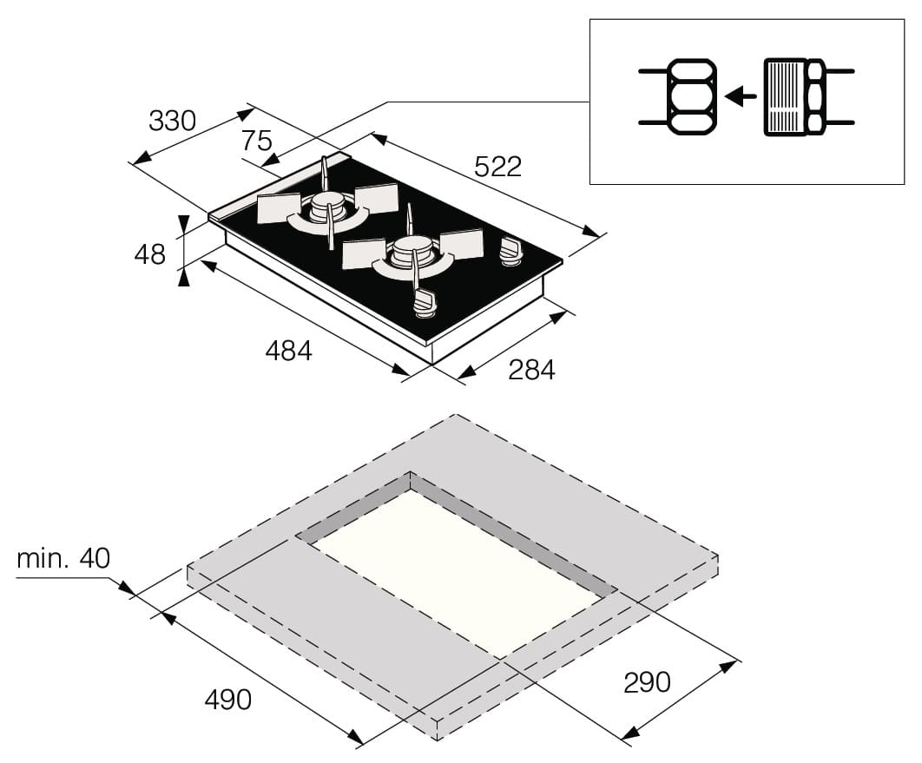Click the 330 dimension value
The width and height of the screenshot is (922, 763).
tap(172, 122)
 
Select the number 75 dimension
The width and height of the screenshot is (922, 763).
tap(257, 141)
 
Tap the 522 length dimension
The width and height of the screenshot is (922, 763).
tap(498, 167)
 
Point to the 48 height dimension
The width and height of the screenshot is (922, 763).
tap(150, 254)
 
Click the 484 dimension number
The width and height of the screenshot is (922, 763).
tap(289, 351)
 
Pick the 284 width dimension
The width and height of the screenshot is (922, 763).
tap(531, 370)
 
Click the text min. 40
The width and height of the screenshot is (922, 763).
tap(63, 558)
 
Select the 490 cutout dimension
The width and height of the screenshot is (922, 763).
tap(228, 700)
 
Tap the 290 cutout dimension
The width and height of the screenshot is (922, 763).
tap(647, 682)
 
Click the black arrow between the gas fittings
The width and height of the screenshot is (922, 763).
tap(741, 95)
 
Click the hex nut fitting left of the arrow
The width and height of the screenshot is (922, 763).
tap(692, 96)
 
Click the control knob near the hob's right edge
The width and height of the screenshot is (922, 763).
tap(511, 251)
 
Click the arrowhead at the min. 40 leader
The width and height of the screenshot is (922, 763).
tap(126, 588)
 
